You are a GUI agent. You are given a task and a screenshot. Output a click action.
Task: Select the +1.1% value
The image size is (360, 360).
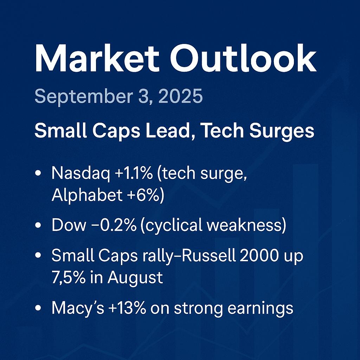pos(134,173)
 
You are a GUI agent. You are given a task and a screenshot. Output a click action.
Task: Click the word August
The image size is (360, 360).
pos(135,278)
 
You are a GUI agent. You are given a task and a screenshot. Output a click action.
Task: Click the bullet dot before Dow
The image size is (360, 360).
pos(38,225)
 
